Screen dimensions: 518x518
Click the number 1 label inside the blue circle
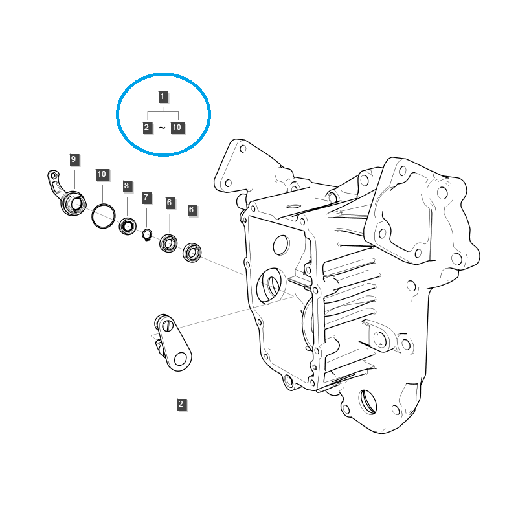point(163,97)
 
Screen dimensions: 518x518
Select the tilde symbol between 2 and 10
point(162,128)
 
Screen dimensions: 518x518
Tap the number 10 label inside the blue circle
point(177,128)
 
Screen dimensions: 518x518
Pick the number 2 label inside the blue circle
point(148,128)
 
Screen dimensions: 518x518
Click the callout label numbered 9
point(73,159)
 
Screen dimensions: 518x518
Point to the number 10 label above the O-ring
point(102,174)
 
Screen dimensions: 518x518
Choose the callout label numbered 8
point(126,186)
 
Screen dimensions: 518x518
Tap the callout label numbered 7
point(146,197)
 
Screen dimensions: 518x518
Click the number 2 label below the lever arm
point(181,404)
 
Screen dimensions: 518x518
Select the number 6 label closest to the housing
point(192,210)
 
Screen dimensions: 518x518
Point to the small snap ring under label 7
point(148,234)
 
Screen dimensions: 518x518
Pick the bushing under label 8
point(128,227)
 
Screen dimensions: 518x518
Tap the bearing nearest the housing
point(192,251)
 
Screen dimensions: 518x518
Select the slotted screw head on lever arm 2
point(169,326)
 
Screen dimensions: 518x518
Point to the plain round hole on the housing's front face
point(281,245)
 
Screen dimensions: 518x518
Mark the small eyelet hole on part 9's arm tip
point(53,175)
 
